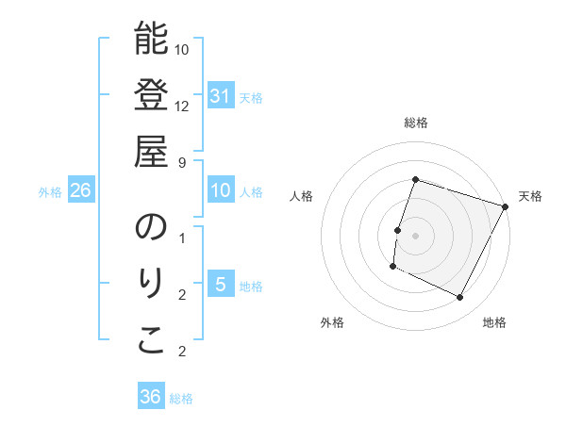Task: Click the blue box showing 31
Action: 220,95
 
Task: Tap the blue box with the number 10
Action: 220,190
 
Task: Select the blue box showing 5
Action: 220,285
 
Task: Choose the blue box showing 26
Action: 81,190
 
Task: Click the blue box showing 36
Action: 151,397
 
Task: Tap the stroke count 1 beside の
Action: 182,237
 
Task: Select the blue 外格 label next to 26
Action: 50,191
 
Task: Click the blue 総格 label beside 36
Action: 181,399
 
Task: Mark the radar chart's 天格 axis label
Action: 530,196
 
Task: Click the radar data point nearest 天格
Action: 507,206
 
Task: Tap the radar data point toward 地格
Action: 460,298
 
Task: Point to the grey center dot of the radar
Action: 416,235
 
